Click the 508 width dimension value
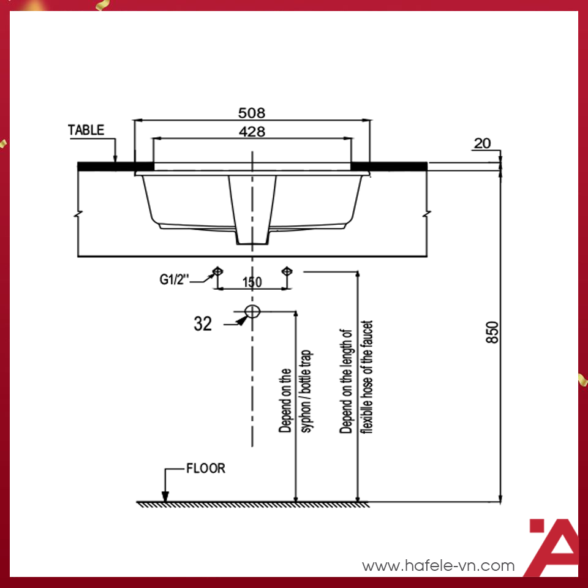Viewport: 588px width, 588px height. (x=252, y=113)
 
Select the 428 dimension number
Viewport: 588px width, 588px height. (x=252, y=132)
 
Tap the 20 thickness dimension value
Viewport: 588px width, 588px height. (x=483, y=143)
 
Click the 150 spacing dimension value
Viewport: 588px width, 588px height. (x=252, y=282)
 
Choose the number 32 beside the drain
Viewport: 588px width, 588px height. (x=203, y=323)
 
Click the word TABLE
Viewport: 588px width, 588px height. (x=86, y=130)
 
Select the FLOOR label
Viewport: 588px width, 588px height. (x=206, y=469)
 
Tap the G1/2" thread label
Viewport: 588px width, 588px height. (x=175, y=280)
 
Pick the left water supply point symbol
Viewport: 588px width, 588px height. (x=217, y=271)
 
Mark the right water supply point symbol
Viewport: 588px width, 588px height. (x=286, y=271)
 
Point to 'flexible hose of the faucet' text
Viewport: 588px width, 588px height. (x=367, y=377)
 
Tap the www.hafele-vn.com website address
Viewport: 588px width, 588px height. (x=438, y=566)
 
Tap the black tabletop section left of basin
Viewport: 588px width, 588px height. (x=107, y=166)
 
